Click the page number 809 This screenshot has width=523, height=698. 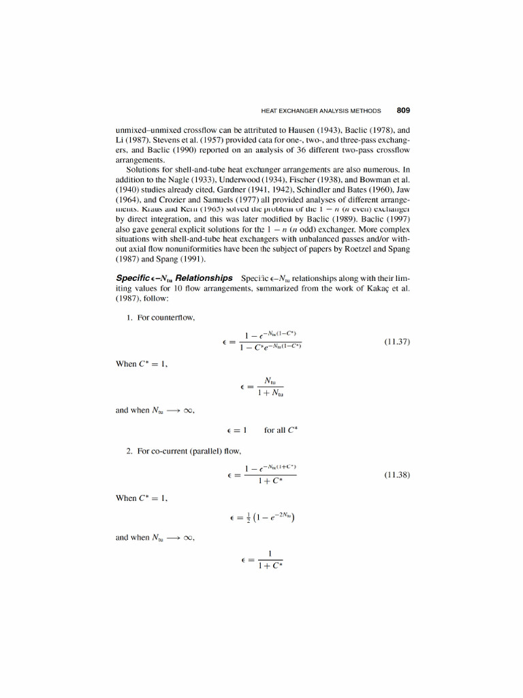coord(402,110)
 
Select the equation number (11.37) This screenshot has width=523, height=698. coord(396,342)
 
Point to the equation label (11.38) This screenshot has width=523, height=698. coord(396,475)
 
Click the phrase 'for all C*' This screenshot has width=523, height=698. coord(281,430)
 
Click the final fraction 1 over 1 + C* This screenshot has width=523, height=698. coord(270,560)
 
